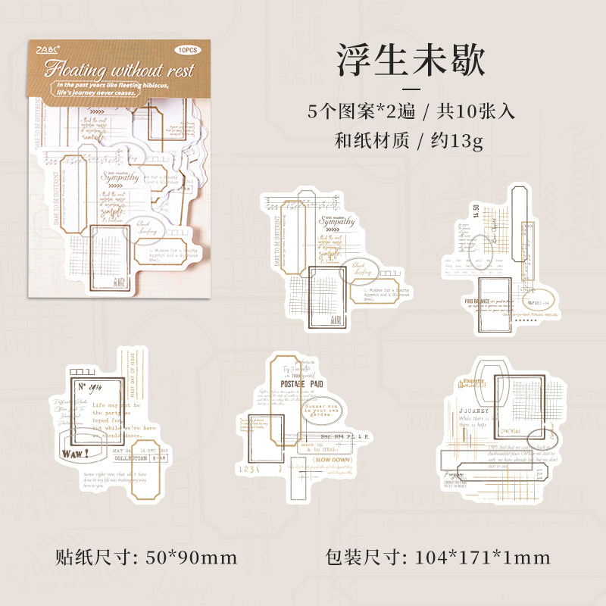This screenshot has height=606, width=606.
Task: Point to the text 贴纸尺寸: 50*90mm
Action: coord(147,558)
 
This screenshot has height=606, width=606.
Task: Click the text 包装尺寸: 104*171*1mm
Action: coord(438,558)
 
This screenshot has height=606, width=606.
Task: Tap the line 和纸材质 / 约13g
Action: coord(410,140)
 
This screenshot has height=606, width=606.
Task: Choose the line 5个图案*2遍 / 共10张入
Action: coord(411,111)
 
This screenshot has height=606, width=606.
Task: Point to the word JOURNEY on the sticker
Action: coord(475,411)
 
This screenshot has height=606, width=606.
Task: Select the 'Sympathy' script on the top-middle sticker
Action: coord(336,221)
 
